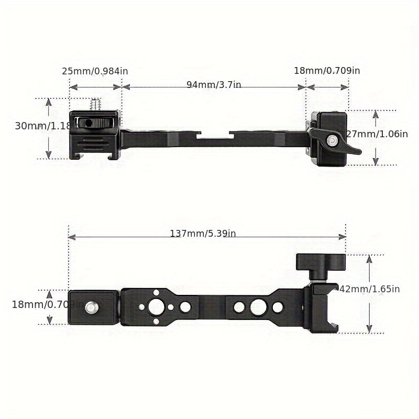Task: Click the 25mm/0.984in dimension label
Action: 95,71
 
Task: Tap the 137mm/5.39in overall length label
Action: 203,234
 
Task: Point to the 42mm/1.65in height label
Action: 370,289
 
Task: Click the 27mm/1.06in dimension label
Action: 376,134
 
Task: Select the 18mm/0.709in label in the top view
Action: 326,71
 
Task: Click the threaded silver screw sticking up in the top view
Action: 95,105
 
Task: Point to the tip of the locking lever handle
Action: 358,152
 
